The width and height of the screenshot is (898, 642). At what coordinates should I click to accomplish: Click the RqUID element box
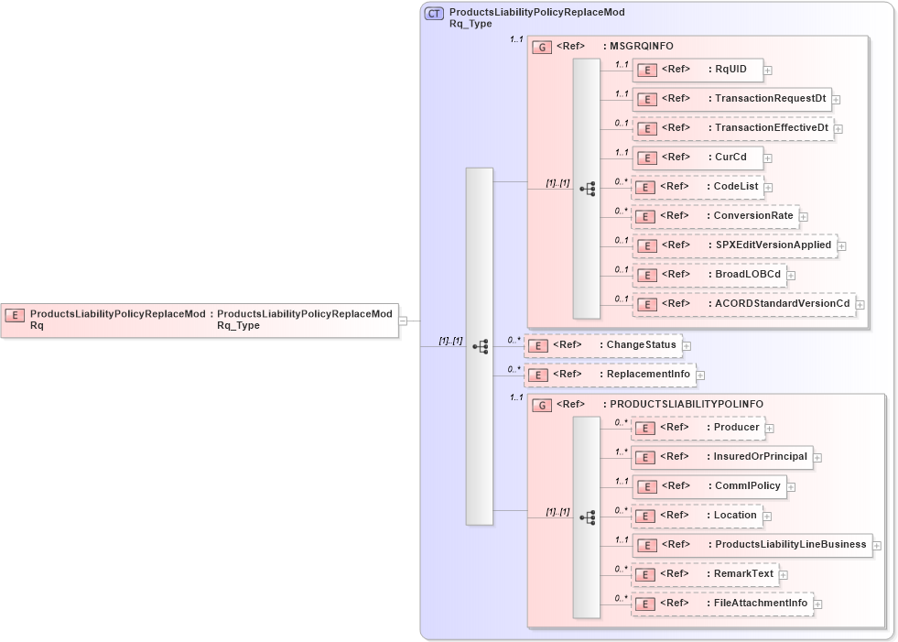point(697,70)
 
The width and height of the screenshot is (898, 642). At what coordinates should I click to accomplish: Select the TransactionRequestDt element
point(730,99)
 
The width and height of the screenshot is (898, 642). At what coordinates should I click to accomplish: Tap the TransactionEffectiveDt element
point(732,128)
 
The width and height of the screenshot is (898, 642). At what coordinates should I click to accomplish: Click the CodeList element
point(698,187)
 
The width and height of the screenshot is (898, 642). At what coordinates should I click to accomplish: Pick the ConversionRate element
point(715,216)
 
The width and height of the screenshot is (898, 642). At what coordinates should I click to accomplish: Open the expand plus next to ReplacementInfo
point(700,375)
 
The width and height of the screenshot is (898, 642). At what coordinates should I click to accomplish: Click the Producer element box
point(698,428)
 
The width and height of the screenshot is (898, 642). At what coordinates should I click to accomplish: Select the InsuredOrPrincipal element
point(721,457)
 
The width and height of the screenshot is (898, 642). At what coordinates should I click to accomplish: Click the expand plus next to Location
point(769,516)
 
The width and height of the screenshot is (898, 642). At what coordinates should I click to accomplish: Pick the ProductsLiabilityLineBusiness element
point(751,545)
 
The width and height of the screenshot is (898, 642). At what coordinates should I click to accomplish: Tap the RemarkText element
point(705,574)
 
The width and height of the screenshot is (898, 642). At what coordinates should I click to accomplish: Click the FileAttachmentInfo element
point(722,604)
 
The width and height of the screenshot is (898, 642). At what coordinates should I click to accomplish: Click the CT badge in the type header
point(435,14)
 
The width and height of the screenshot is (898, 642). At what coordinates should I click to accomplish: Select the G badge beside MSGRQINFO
point(542,47)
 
